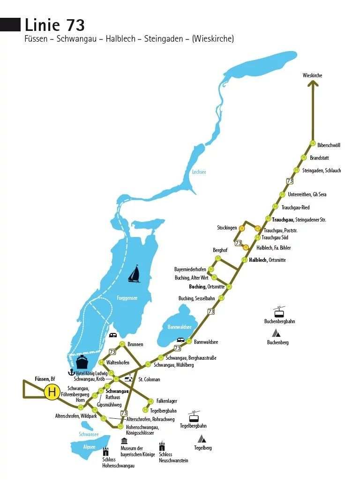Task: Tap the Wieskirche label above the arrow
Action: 313,75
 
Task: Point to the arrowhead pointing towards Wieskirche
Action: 313,84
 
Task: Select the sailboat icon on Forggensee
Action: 135,274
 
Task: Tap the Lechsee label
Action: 199,172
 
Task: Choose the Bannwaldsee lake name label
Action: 180,326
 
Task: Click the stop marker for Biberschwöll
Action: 313,143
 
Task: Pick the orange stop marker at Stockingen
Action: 242,228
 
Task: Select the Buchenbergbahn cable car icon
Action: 280,312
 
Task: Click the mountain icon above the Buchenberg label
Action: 277,333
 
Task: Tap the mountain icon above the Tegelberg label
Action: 202,439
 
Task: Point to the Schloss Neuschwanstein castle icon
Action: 162,446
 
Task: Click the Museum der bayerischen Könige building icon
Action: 124,441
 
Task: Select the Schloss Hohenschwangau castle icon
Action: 106,452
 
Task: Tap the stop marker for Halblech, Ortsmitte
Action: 244,260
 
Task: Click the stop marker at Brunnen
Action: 122,344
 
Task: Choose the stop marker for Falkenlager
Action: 150,401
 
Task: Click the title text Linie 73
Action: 54,25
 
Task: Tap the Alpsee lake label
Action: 89,447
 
